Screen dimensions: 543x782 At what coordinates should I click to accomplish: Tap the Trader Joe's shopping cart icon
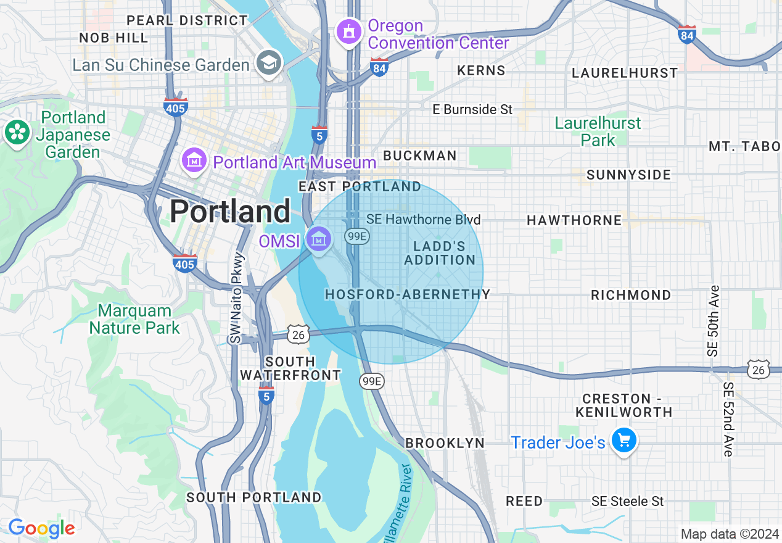[624, 441]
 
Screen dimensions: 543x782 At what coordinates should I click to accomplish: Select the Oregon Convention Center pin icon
[349, 31]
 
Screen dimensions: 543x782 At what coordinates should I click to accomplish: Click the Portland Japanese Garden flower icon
[17, 133]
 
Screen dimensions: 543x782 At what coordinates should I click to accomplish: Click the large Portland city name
[230, 212]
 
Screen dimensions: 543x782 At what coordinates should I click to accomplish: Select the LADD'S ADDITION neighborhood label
[440, 253]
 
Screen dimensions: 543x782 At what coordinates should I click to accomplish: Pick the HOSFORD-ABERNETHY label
[408, 295]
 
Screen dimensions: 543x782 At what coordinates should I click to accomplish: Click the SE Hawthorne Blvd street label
[423, 220]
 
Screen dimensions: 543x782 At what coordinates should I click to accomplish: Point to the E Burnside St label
[472, 110]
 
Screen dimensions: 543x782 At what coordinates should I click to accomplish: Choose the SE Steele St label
[627, 501]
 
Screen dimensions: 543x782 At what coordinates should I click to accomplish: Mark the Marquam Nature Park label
[134, 319]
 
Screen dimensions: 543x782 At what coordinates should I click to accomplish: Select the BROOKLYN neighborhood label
[445, 443]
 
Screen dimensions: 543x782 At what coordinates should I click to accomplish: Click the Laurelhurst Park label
[598, 131]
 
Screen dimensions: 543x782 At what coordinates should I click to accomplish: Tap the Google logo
[41, 528]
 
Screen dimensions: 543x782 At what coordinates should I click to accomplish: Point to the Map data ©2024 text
[729, 534]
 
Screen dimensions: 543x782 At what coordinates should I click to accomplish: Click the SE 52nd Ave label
[728, 420]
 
